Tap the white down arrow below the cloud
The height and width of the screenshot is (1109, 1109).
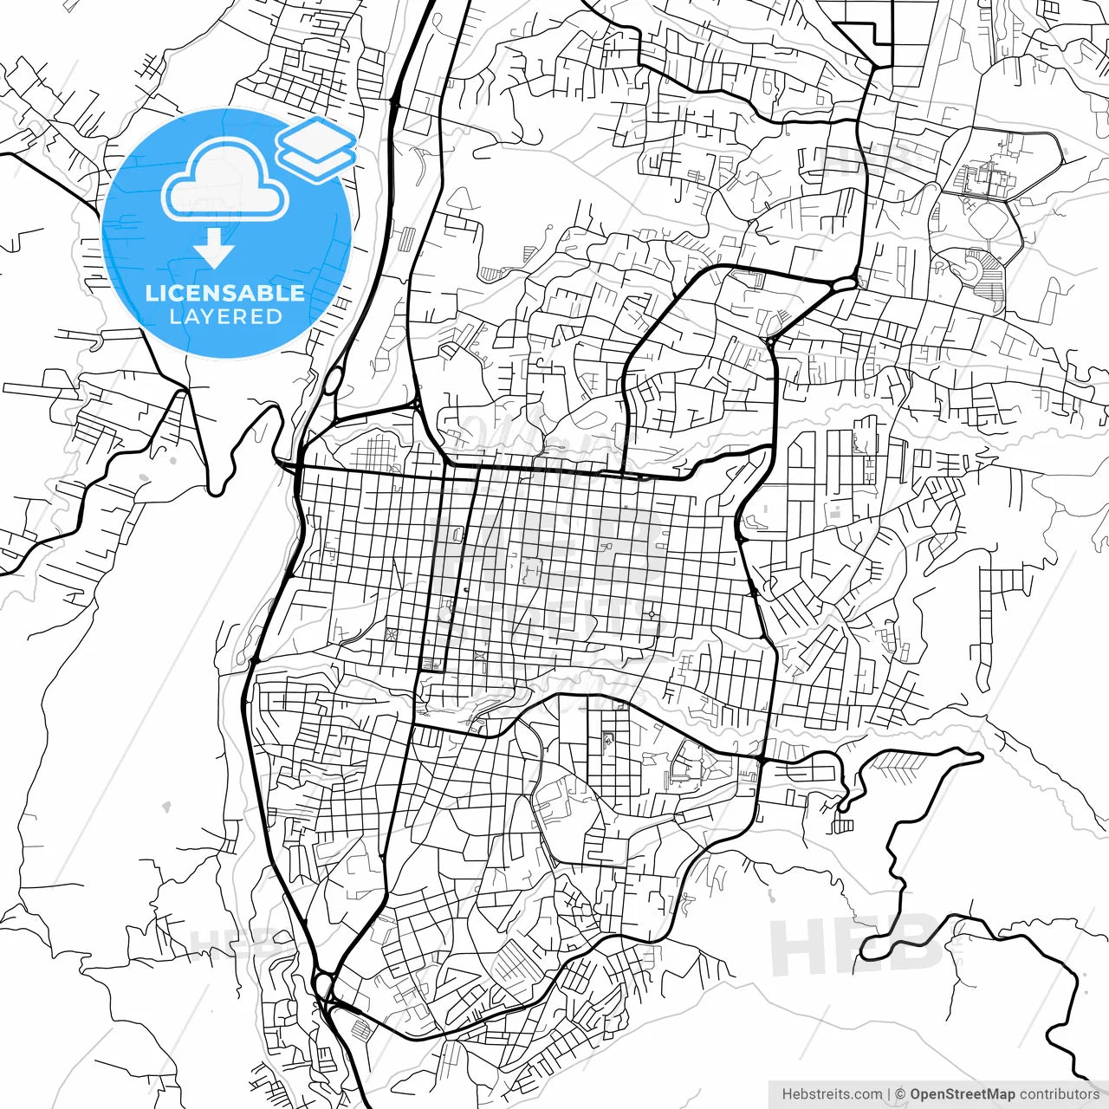click(x=214, y=251)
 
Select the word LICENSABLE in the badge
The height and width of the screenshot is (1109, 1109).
click(x=225, y=293)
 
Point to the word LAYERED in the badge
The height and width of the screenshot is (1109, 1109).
click(x=226, y=317)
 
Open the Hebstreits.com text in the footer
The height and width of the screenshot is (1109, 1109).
click(x=832, y=1094)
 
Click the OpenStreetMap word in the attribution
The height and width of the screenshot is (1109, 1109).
click(x=963, y=1094)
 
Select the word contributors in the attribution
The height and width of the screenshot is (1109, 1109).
click(x=1059, y=1094)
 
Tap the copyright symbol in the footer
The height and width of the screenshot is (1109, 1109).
click(x=900, y=1094)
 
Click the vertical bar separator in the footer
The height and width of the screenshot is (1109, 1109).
click(x=890, y=1094)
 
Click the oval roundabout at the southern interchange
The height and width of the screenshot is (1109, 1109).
click(x=324, y=984)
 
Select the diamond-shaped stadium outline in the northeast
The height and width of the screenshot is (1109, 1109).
click(x=988, y=222)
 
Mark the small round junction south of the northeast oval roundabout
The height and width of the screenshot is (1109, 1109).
click(x=770, y=342)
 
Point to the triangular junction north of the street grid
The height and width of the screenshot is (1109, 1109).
click(x=417, y=404)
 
